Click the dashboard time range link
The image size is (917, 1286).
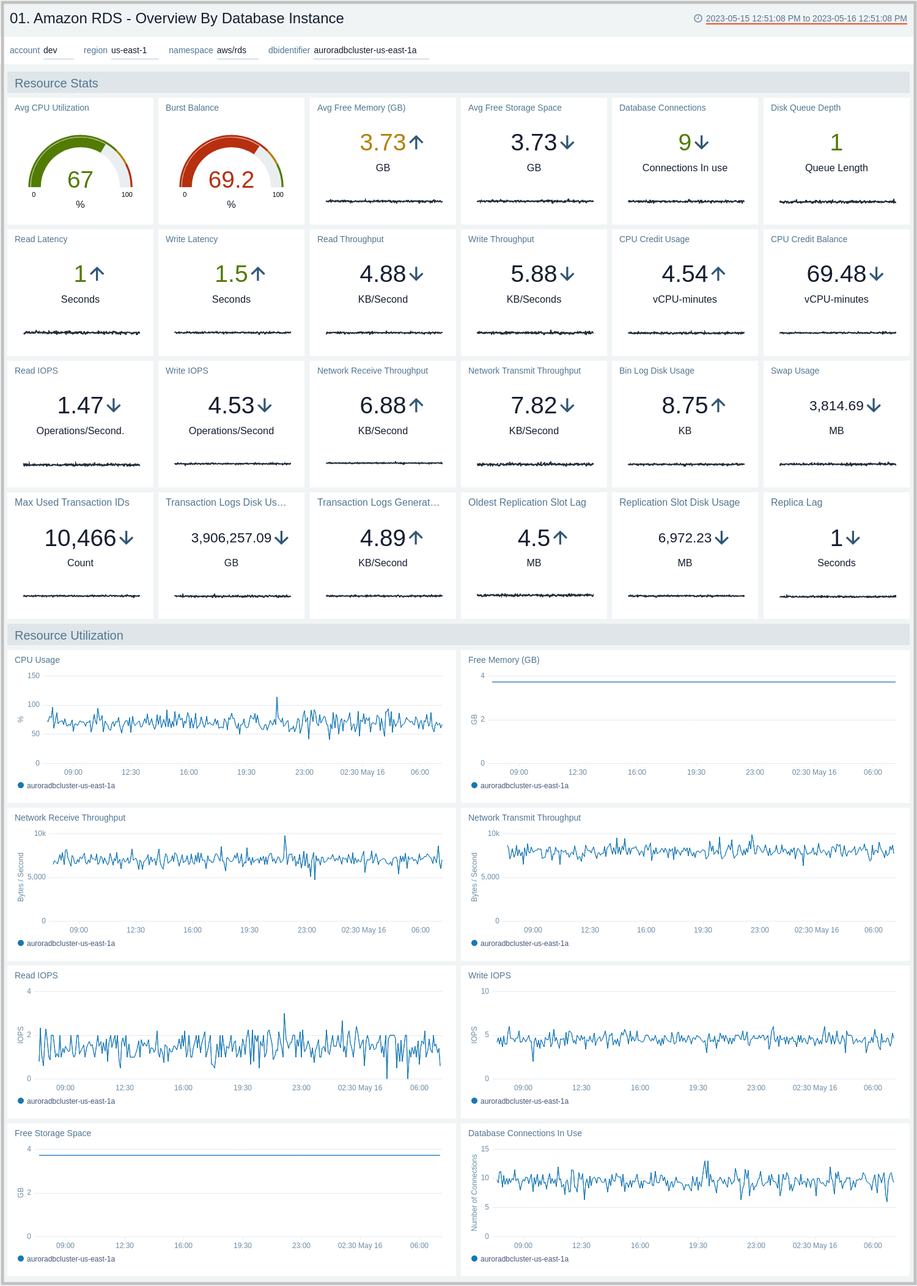(x=806, y=18)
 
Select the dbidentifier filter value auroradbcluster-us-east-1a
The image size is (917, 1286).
(x=365, y=50)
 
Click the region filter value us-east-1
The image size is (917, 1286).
(x=129, y=50)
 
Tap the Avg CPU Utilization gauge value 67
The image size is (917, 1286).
(x=80, y=180)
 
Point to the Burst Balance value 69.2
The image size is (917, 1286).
(x=231, y=180)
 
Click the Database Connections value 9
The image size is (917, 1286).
(x=685, y=142)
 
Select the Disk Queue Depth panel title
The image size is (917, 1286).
(x=805, y=108)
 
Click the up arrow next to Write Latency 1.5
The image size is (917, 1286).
(x=258, y=274)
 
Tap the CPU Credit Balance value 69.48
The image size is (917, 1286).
(x=836, y=274)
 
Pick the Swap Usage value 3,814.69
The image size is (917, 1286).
(x=836, y=406)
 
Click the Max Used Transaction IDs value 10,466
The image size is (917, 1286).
(x=80, y=538)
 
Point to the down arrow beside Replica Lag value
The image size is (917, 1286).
(x=853, y=538)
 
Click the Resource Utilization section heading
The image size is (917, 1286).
(x=69, y=635)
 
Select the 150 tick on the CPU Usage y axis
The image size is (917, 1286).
(x=34, y=676)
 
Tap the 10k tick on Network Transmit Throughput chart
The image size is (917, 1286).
(x=493, y=833)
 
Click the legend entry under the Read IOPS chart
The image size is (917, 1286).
(x=70, y=1101)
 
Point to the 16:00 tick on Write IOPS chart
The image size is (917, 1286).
(x=639, y=1088)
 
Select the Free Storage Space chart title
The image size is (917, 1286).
(x=53, y=1133)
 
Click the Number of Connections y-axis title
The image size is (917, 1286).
(x=474, y=1192)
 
